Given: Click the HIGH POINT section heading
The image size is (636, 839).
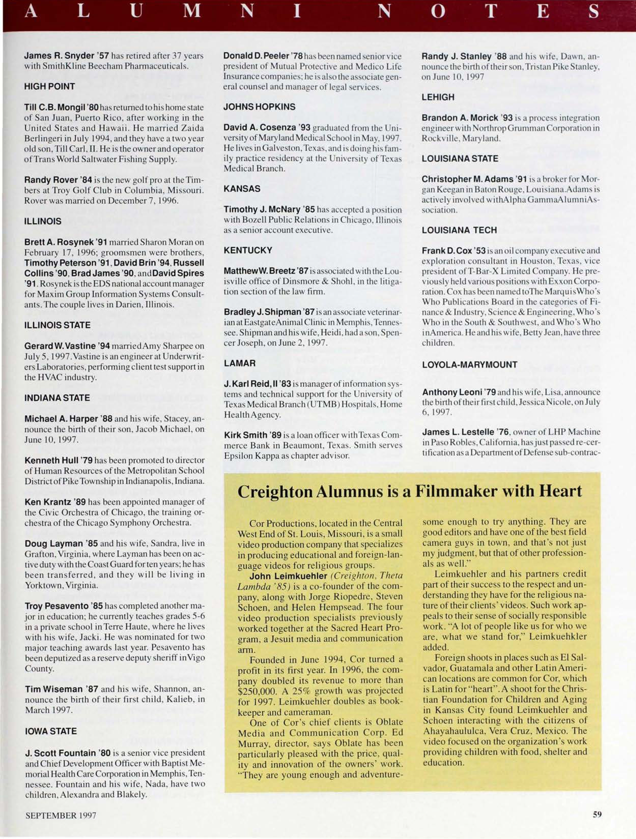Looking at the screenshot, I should pos(49,86).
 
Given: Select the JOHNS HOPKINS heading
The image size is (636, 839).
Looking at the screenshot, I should pos(259,107).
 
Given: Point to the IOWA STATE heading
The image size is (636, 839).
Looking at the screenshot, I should pos(50,731).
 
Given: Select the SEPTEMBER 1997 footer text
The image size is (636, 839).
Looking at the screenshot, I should pos(61,815).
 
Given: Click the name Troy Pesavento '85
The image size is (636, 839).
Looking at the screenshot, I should pos(64,606).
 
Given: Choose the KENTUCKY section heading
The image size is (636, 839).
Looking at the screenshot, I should pos(248,250).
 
